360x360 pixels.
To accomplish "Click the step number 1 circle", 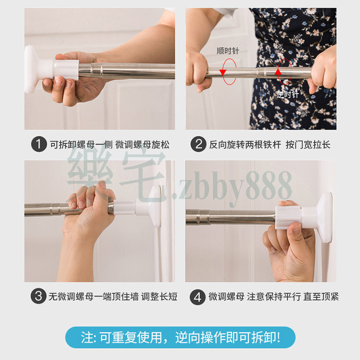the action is click(x=39, y=144).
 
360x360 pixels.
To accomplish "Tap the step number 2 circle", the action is click(x=198, y=144).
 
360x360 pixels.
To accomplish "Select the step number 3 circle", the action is click(x=38, y=296).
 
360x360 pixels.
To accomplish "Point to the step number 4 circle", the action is click(x=197, y=297).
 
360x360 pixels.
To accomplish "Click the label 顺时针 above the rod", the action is click(x=228, y=51).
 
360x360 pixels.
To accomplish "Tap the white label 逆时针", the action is click(x=288, y=95).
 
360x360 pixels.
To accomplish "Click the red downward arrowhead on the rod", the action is click(x=223, y=72).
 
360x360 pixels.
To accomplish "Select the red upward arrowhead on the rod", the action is click(x=278, y=72).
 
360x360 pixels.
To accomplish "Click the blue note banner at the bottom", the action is click(x=180, y=337).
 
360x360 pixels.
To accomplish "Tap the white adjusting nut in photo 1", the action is click(x=67, y=69).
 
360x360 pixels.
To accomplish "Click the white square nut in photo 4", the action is click(x=288, y=217).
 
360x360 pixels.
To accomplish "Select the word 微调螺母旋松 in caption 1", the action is click(x=142, y=144).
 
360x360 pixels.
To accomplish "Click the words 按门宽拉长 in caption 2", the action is click(x=308, y=144).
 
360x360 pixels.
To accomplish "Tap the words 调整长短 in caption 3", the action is click(x=159, y=296).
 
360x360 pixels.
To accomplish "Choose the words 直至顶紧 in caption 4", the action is click(x=321, y=296).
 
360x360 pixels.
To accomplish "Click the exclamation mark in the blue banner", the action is click(x=278, y=337).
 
